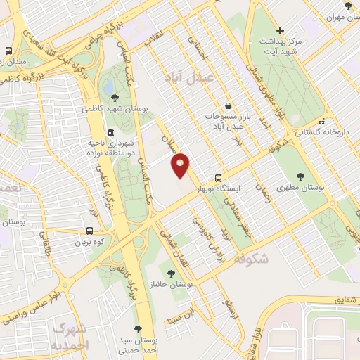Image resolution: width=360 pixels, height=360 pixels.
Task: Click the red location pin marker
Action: pos(181,165)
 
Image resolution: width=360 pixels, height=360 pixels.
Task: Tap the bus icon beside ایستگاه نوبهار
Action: pos(219,179)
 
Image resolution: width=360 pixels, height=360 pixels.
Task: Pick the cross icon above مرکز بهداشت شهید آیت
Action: pos(281,30)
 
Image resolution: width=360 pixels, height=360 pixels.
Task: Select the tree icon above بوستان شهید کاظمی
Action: pos(115,98)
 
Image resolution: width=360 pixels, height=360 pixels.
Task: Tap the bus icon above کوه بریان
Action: pos(89,230)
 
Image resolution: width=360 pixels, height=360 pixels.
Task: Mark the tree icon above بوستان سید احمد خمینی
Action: pos(138,328)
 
